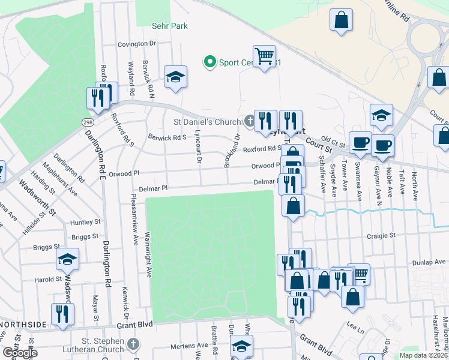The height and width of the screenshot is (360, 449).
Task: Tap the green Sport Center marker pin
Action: pyautogui.click(x=209, y=61)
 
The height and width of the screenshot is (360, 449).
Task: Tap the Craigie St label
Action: pyautogui.click(x=382, y=236)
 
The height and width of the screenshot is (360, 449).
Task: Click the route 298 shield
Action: pyautogui.click(x=88, y=122)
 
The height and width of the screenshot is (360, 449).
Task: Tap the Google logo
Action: pyautogui.click(x=20, y=353)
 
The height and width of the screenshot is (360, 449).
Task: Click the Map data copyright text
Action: pyautogui.click(x=423, y=355)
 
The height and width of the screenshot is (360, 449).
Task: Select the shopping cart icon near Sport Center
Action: pyautogui.click(x=264, y=56)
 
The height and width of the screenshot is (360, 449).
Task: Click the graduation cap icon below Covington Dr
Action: pyautogui.click(x=175, y=77)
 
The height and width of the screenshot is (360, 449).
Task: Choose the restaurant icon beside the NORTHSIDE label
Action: pyautogui.click(x=62, y=314)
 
